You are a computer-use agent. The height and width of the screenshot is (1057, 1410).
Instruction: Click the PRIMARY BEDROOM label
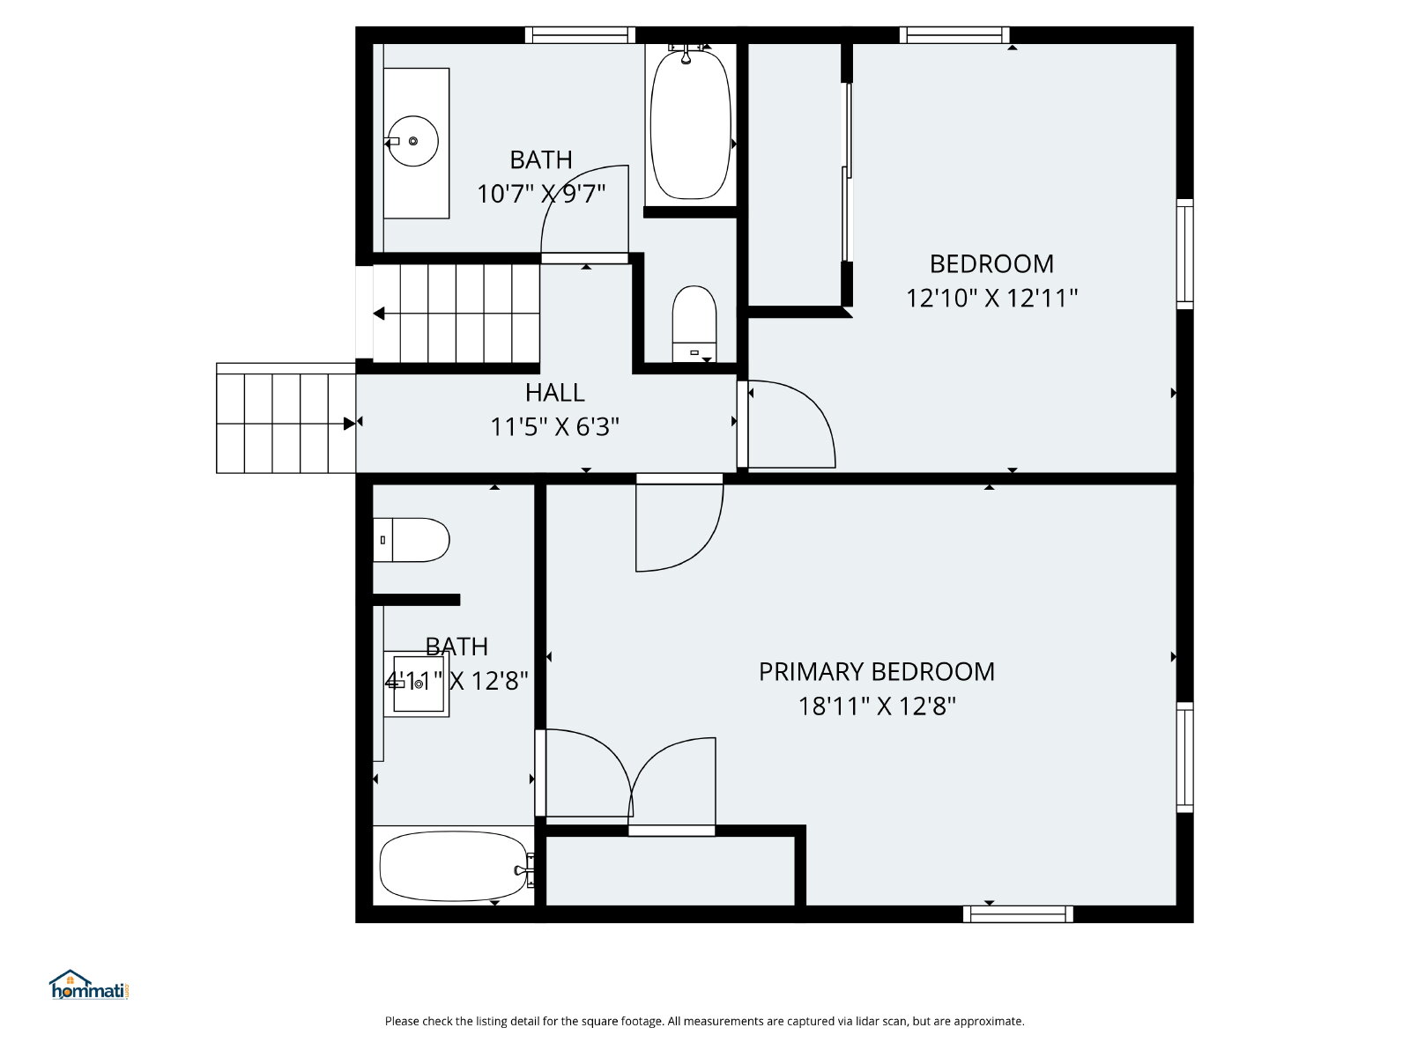(877, 672)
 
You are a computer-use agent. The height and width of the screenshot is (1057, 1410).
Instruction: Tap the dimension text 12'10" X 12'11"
(991, 298)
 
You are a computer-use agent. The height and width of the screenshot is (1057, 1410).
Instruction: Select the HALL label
(555, 393)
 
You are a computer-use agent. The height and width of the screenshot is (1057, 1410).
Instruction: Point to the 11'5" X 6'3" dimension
(555, 427)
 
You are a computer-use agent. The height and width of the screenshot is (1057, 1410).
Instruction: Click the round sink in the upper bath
(412, 141)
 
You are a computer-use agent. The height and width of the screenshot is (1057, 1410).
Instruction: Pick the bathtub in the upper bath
(691, 124)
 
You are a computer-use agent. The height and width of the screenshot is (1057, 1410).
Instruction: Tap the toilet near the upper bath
(694, 324)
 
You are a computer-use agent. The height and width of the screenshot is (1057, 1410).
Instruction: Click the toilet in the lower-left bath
(412, 540)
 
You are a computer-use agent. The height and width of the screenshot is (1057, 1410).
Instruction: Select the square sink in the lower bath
(417, 684)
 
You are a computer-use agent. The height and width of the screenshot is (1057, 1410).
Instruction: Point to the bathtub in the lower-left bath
(455, 867)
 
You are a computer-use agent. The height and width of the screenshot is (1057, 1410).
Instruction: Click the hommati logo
(89, 985)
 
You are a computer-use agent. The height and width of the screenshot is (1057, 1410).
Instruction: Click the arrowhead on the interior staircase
(379, 314)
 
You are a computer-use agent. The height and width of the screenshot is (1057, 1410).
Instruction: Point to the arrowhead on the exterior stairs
(350, 424)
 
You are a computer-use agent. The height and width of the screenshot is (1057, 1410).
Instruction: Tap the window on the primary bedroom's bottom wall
(1018, 914)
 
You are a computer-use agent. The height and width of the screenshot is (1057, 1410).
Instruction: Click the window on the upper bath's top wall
(580, 35)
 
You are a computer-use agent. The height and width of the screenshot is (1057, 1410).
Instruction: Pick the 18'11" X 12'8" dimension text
(877, 706)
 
